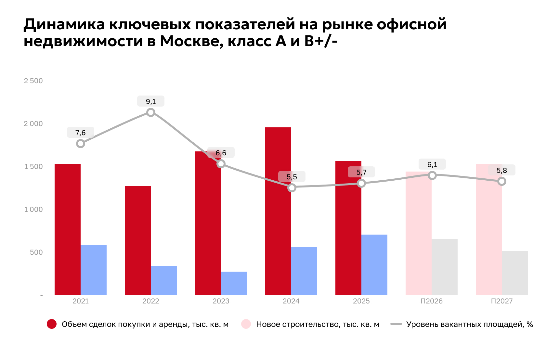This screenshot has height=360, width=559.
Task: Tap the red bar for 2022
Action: [137, 240]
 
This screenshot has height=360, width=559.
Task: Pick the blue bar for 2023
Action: [234, 283]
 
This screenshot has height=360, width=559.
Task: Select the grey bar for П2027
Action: [514, 273]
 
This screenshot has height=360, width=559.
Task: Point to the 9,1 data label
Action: [150, 101]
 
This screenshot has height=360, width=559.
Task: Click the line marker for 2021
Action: [81, 144]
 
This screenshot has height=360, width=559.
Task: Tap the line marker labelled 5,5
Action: [292, 188]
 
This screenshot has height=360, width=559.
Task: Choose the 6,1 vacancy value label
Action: [432, 165]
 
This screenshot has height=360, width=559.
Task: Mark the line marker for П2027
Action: [502, 181]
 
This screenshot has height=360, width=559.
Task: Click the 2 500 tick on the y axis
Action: [33, 81]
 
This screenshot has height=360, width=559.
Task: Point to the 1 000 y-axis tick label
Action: [33, 210]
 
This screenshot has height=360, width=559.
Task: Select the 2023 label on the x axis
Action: [221, 301]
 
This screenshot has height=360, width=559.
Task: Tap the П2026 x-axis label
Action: [431, 301]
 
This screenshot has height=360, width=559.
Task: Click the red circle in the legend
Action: [52, 324]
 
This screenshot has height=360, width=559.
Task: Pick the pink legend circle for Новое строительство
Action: [246, 324]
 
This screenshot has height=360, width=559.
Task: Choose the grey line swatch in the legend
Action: [396, 324]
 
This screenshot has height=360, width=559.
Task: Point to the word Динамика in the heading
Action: [64, 24]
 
